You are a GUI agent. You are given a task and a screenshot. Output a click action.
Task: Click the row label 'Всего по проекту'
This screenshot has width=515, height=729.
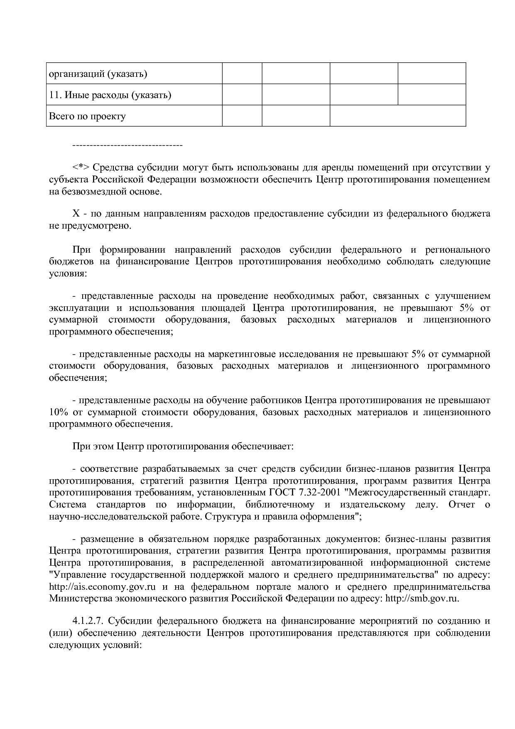(87, 116)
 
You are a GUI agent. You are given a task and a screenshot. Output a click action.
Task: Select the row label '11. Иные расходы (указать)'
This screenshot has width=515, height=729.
(110, 95)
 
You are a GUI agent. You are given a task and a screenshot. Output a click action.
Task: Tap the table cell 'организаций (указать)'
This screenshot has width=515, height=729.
(98, 74)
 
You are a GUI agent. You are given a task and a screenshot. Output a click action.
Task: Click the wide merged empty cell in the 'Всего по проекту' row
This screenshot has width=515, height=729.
(397, 116)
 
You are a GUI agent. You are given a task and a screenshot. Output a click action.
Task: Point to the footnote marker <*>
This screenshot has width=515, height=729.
(81, 168)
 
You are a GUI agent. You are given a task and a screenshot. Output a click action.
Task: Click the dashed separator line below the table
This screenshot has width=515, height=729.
(127, 145)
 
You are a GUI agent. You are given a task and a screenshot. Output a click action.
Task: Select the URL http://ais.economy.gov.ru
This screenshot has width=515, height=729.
(102, 587)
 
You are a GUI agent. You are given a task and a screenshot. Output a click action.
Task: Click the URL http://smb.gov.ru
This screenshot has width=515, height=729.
(422, 599)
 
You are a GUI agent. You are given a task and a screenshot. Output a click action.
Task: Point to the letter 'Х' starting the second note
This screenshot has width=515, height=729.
(76, 214)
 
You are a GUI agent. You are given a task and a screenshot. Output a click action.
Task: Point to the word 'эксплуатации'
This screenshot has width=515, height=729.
(79, 308)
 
